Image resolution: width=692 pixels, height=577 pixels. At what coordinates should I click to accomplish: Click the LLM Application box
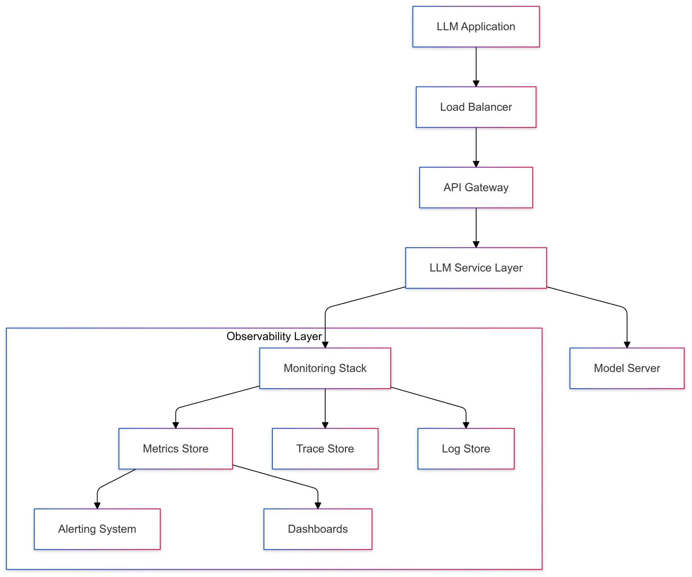476,27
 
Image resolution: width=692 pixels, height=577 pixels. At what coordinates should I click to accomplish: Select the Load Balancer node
476,107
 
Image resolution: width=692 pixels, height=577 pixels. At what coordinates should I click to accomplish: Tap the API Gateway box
476,187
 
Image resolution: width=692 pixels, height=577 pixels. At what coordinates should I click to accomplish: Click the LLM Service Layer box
476,268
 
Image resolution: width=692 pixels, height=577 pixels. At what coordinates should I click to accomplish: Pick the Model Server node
627,368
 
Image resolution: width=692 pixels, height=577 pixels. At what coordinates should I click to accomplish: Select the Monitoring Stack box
325,368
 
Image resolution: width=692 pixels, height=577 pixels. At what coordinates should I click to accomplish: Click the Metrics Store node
175,449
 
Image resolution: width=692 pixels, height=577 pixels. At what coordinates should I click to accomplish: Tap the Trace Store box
325,449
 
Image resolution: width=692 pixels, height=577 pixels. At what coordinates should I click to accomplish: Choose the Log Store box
466,449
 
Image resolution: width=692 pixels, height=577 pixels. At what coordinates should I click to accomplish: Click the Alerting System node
97,529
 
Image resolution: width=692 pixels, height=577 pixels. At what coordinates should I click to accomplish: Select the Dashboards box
318,529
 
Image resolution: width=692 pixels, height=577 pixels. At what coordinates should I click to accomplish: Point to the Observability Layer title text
274,336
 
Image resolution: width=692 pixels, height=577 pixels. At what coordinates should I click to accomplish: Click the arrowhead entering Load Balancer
476,84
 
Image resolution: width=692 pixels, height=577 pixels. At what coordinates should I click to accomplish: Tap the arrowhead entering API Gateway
476,164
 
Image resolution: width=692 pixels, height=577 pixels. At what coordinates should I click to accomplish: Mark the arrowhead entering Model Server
627,345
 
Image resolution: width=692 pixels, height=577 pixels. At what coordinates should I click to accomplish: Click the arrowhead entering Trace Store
325,425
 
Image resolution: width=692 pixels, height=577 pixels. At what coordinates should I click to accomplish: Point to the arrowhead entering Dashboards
318,505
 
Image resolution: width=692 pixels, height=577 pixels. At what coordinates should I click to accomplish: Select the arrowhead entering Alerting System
97,505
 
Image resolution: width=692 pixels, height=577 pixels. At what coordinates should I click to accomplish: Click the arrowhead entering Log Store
466,425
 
